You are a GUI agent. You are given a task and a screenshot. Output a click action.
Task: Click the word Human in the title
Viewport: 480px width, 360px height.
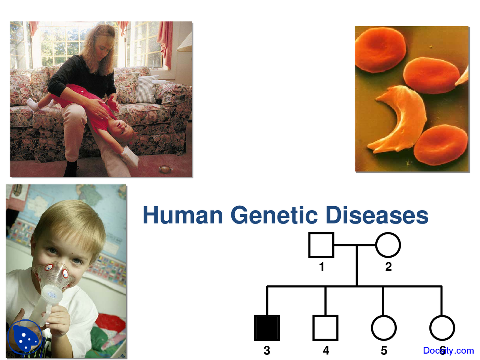183,215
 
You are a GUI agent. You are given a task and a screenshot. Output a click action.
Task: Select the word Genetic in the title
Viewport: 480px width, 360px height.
274,215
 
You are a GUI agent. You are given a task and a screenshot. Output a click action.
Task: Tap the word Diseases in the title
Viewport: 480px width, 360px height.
376,215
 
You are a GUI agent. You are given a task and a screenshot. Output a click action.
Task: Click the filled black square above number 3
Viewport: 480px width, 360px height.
267,328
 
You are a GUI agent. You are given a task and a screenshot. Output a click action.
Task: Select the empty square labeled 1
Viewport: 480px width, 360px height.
321,245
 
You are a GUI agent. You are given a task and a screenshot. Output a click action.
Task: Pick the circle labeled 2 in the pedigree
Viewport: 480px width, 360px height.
388,245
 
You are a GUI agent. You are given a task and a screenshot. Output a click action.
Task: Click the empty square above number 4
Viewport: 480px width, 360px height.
325,328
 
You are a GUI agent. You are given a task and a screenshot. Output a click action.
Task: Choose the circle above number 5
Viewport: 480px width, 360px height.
384,328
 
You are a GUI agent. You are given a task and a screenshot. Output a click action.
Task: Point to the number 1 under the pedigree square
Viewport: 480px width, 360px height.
321,267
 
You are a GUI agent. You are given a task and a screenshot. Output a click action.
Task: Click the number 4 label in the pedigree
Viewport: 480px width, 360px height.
326,351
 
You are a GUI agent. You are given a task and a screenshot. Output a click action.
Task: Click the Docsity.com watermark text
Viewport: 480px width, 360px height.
448,351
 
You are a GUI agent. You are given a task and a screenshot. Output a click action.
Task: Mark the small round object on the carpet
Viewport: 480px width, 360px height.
165,169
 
